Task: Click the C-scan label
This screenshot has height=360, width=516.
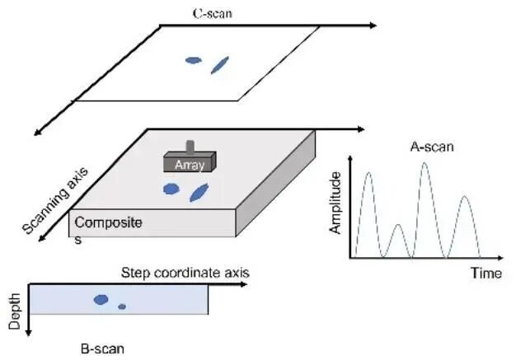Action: [213, 13]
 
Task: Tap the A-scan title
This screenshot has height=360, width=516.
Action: [432, 147]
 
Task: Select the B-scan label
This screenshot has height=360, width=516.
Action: [103, 348]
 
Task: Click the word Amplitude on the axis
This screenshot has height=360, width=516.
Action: [335, 203]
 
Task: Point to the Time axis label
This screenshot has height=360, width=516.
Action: [486, 274]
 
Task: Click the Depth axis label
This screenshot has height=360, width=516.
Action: [15, 311]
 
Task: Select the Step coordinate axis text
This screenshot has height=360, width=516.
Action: [185, 273]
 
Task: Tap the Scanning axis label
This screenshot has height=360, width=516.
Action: [55, 200]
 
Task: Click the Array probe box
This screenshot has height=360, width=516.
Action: [190, 161]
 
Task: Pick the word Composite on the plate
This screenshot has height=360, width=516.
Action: [108, 223]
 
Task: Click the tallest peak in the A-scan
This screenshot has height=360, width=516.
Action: [425, 163]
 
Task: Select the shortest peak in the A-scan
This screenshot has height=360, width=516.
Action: [398, 225]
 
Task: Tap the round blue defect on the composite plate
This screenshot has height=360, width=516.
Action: [171, 189]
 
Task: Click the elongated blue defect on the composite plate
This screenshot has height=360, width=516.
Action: [199, 193]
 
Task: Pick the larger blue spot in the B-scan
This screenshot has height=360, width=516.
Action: [101, 300]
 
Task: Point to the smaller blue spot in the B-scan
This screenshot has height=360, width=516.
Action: [122, 306]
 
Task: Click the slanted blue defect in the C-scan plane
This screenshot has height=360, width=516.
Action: [220, 65]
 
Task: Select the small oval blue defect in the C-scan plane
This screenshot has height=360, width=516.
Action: [194, 60]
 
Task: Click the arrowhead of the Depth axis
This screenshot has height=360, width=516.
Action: [28, 333]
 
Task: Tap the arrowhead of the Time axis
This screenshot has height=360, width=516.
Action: [500, 258]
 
